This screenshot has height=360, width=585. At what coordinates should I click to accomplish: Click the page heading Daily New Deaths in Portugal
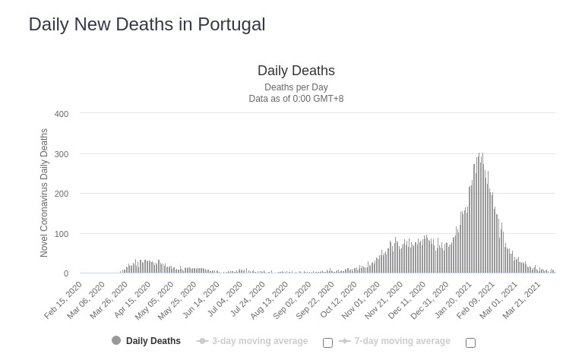(x=147, y=24)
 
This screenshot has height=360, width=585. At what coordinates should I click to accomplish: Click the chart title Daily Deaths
(x=296, y=71)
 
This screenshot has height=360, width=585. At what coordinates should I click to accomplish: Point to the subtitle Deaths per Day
(x=296, y=87)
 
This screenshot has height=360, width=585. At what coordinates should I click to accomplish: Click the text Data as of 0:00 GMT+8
(x=296, y=99)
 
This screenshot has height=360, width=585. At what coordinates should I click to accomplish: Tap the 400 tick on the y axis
(x=62, y=114)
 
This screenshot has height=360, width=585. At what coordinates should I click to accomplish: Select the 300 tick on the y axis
(x=62, y=154)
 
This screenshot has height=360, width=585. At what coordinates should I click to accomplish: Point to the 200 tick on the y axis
(x=62, y=194)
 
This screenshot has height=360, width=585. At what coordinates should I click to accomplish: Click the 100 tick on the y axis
(x=62, y=234)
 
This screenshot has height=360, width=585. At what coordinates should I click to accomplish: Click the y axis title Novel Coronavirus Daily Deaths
(x=44, y=193)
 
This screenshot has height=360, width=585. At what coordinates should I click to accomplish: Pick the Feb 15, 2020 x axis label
(x=64, y=300)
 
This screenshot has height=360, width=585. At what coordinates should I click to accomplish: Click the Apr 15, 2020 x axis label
(x=133, y=300)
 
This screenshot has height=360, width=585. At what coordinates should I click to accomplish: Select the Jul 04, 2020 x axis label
(x=225, y=300)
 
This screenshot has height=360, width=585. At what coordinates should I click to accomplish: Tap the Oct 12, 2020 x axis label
(x=339, y=300)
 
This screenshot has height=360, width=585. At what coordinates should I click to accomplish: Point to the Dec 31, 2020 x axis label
(x=431, y=300)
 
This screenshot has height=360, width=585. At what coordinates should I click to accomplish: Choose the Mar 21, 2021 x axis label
(x=523, y=300)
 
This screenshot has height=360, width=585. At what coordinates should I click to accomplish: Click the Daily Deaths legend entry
(x=153, y=341)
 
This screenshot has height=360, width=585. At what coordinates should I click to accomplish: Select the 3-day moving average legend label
(x=259, y=341)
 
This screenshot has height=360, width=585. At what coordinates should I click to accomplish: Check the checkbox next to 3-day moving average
(x=327, y=343)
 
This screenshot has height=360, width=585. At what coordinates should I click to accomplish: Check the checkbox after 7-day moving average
(x=470, y=343)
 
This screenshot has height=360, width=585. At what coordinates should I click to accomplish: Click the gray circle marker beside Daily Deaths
(x=116, y=341)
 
